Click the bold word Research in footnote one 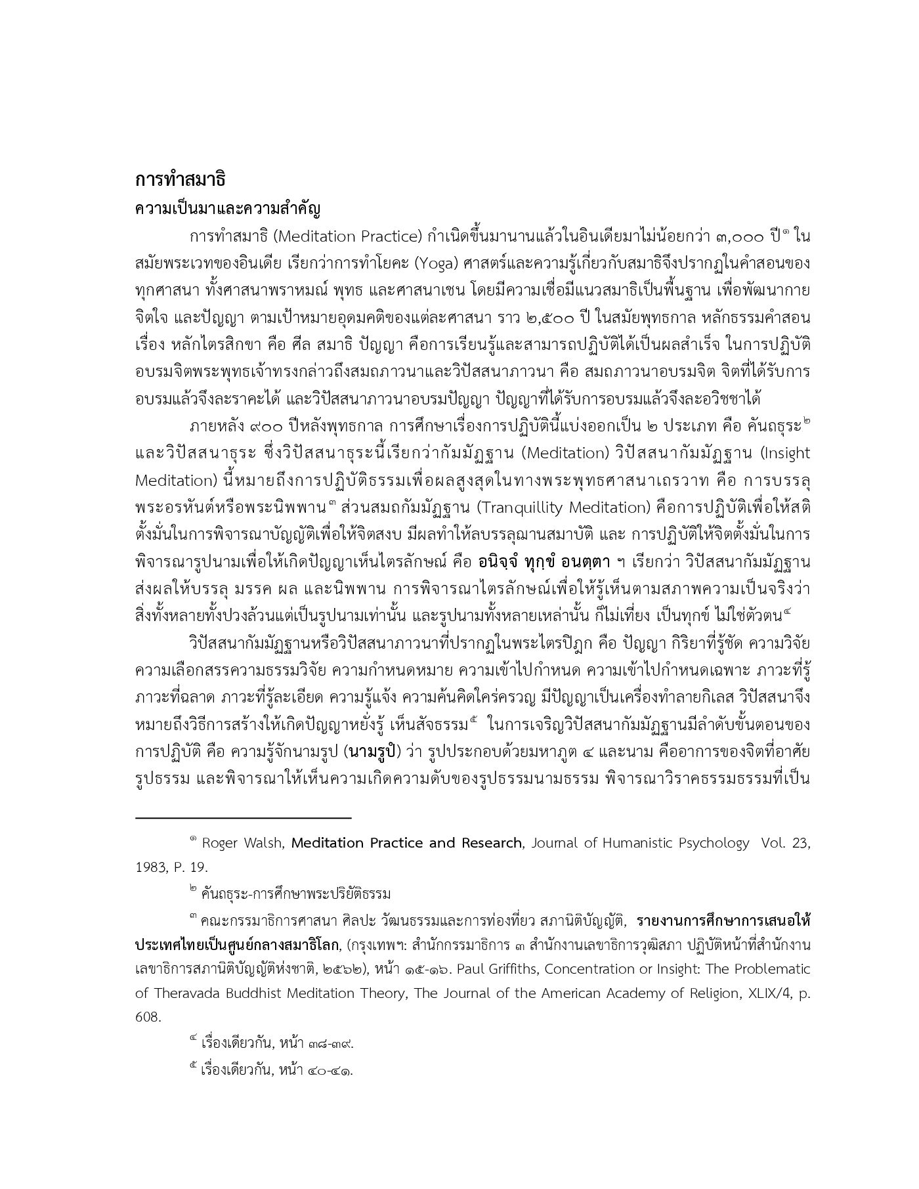[486, 843]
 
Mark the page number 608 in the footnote [147, 1017]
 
